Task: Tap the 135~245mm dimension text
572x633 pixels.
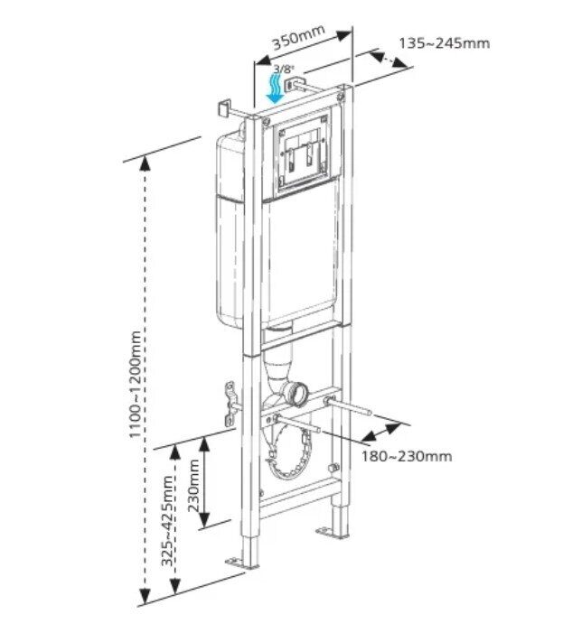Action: pyautogui.click(x=444, y=42)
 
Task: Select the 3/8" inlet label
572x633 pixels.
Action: pyautogui.click(x=284, y=69)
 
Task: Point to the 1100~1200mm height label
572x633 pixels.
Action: pyautogui.click(x=135, y=385)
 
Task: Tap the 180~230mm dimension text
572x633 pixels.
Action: pyautogui.click(x=408, y=456)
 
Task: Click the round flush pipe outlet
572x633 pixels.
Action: pyautogui.click(x=296, y=393)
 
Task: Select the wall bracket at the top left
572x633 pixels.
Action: pyautogui.click(x=222, y=108)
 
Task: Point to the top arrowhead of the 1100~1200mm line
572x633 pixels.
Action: pyautogui.click(x=144, y=162)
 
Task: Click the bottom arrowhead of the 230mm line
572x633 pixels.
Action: pyautogui.click(x=204, y=523)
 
